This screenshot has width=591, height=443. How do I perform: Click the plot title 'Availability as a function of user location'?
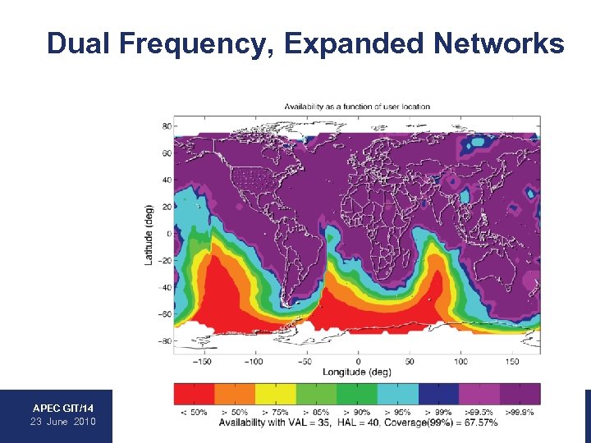357,107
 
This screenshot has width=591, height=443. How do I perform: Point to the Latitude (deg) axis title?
149,234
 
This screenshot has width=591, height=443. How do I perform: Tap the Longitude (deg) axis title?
357,372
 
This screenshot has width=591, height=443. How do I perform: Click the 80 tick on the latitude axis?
166,126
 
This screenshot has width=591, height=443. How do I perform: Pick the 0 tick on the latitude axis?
168,234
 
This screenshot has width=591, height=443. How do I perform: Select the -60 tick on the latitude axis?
164,314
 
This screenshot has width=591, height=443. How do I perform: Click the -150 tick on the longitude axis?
204,361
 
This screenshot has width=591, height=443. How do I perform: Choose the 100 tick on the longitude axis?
460,361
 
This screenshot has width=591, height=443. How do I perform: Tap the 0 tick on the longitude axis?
358,361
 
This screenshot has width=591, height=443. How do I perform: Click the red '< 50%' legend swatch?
194,394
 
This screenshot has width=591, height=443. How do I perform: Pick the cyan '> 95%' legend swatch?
398,394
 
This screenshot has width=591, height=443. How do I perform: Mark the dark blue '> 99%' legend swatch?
438,394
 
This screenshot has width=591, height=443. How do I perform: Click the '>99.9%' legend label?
519,412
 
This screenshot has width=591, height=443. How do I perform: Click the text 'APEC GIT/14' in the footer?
63,408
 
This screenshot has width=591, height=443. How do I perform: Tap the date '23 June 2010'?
63,422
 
